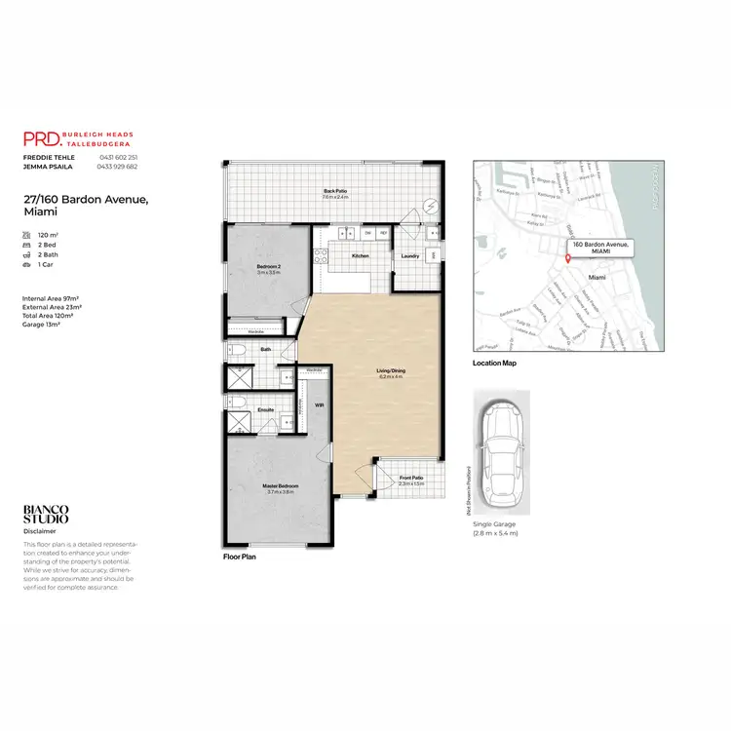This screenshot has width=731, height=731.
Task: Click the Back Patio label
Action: pyautogui.click(x=334, y=191)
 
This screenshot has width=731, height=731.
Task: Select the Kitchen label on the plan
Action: pyautogui.click(x=360, y=255)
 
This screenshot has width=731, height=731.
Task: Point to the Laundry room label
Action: pyautogui.click(x=410, y=255)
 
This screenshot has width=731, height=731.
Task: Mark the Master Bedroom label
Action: pyautogui.click(x=281, y=485)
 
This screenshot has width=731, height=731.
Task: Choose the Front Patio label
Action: pyautogui.click(x=411, y=478)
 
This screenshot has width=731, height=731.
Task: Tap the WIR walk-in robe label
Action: pyautogui.click(x=319, y=404)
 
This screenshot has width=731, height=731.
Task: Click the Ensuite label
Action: pyautogui.click(x=264, y=410)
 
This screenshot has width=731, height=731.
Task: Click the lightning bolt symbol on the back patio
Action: pyautogui.click(x=429, y=207)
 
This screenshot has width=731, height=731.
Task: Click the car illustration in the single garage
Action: pyautogui.click(x=501, y=452)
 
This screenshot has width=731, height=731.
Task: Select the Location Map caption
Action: pyautogui.click(x=494, y=363)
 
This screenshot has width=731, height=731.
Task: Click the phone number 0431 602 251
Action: pyautogui.click(x=118, y=157)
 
